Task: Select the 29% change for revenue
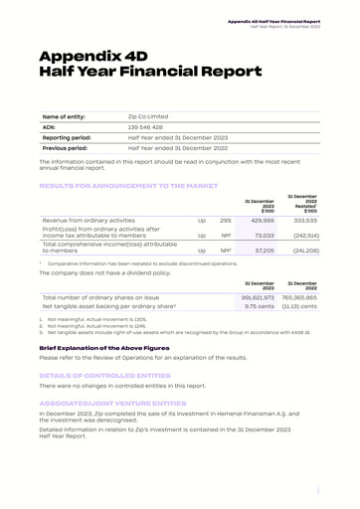(x=226, y=220)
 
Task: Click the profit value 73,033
(x=261, y=236)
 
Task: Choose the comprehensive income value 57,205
(x=261, y=251)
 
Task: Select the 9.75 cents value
(x=260, y=306)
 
